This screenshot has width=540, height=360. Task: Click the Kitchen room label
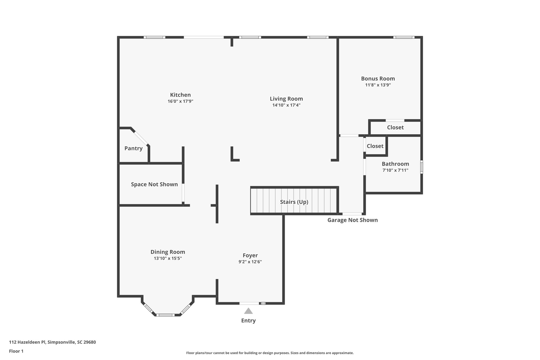click(x=180, y=95)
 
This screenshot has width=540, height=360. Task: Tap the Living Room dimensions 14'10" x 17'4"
click(x=286, y=105)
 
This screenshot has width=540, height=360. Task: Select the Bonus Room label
click(x=378, y=79)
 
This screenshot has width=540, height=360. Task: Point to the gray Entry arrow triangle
click(x=248, y=311)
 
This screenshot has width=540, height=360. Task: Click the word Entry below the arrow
click(x=248, y=321)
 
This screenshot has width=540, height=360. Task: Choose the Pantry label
click(x=133, y=148)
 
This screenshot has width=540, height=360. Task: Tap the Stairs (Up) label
click(x=294, y=202)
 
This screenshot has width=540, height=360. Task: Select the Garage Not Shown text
click(x=353, y=220)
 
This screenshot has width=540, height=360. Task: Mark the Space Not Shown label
click(x=154, y=185)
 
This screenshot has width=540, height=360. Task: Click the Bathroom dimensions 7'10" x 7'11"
click(x=395, y=170)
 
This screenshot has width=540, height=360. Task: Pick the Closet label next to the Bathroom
click(x=375, y=146)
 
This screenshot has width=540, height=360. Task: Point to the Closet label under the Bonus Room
click(x=395, y=128)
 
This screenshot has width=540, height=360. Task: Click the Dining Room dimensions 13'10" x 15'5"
click(x=168, y=258)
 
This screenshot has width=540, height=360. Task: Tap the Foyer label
click(x=250, y=256)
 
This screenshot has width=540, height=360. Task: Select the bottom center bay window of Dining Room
click(x=165, y=315)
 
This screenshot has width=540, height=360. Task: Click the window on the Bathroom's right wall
click(x=421, y=167)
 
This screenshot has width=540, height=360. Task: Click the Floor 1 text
click(x=16, y=351)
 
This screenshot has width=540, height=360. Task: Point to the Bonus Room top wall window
click(x=404, y=37)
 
